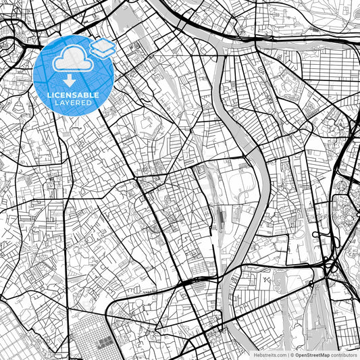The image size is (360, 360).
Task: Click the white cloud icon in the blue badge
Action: (71, 60)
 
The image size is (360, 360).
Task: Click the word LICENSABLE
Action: (73, 95)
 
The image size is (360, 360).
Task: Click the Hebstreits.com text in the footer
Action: (270, 355)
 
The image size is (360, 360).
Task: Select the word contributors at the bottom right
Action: (344, 355)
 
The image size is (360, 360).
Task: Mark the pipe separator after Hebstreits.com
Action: (288, 355)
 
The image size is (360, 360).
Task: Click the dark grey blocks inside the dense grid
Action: (103, 343)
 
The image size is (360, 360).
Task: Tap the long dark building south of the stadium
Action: (221, 217)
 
